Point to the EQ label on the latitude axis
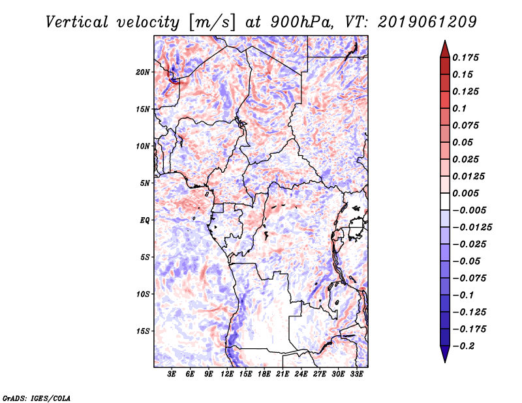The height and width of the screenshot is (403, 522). coord(146,220)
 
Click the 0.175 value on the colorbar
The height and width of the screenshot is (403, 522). coord(466,57)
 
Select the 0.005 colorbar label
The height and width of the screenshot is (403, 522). coord(466,193)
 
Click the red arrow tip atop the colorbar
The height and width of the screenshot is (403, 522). coord(444,45)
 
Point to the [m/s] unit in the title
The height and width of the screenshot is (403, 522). coord(210,22)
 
